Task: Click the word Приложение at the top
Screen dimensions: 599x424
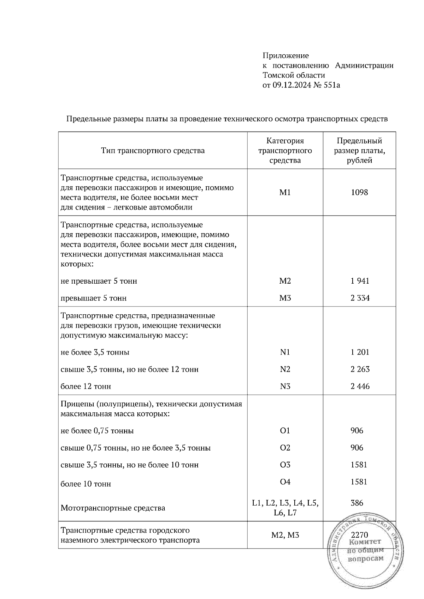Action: click(x=285, y=55)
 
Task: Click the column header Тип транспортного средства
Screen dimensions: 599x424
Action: click(x=153, y=151)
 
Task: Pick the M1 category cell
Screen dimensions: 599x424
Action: click(x=285, y=192)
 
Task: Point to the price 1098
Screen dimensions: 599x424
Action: click(x=359, y=192)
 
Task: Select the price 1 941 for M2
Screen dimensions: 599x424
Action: click(x=360, y=281)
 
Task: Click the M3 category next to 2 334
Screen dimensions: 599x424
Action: click(x=285, y=298)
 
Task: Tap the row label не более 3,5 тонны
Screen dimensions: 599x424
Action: click(x=95, y=352)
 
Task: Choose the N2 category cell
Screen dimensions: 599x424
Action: click(x=285, y=369)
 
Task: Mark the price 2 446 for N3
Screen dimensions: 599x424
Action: click(x=360, y=386)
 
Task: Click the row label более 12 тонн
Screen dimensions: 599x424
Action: click(x=86, y=386)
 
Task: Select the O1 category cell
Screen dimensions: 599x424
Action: click(x=285, y=431)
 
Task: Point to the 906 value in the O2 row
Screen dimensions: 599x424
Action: click(x=357, y=448)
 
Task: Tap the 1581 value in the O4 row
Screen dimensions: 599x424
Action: click(x=359, y=482)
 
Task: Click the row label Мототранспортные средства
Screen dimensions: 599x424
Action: click(x=113, y=508)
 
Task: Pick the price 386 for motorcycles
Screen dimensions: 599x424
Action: click(x=357, y=503)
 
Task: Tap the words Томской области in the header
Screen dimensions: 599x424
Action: click(x=294, y=75)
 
